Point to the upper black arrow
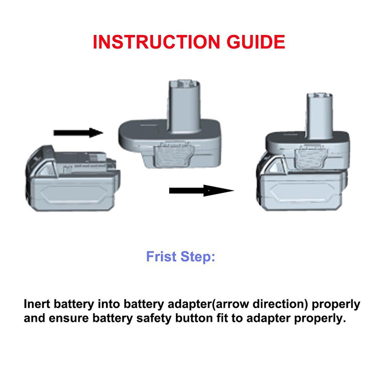tap(78, 133)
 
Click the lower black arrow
tap(201, 190)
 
